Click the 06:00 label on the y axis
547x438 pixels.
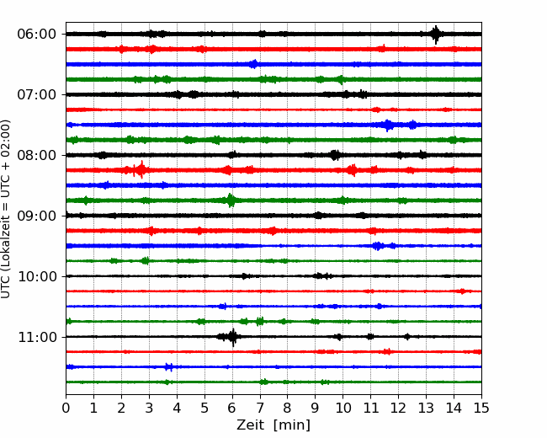point(37,35)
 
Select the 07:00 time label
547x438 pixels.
point(37,94)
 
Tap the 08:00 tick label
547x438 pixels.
point(37,155)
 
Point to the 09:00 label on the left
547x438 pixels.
point(37,216)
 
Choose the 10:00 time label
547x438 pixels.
point(37,276)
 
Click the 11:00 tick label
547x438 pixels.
point(37,337)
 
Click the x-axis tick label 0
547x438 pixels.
point(66,408)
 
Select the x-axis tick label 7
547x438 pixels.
point(260,408)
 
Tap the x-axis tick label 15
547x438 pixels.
point(481,408)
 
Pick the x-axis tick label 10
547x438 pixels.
point(343,408)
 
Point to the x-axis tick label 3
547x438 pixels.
point(149,408)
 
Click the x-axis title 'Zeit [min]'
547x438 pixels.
point(273,425)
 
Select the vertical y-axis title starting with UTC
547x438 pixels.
point(5,209)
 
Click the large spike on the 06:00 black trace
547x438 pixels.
point(435,35)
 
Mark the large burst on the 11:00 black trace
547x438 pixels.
point(232,337)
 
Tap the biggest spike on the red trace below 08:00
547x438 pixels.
point(141,170)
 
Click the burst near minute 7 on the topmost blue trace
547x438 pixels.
point(254,64)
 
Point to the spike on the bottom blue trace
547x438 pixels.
point(169,366)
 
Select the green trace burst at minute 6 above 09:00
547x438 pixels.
point(231,200)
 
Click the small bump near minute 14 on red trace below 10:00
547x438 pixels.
point(462,291)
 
